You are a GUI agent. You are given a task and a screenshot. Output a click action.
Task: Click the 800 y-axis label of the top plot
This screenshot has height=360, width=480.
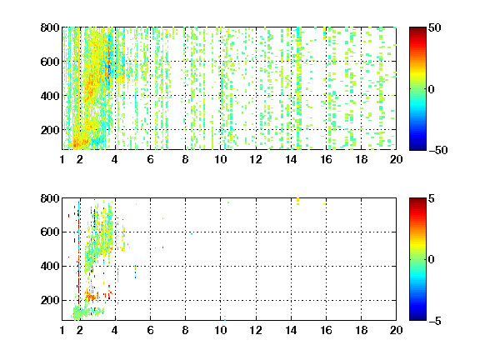pyautogui.click(x=50, y=27)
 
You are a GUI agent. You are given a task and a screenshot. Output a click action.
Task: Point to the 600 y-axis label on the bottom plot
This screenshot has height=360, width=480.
pyautogui.click(x=50, y=232)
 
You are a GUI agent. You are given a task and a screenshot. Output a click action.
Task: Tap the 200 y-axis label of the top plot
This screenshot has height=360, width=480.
pyautogui.click(x=50, y=130)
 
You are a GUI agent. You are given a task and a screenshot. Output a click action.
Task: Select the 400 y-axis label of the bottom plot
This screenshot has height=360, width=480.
pyautogui.click(x=50, y=266)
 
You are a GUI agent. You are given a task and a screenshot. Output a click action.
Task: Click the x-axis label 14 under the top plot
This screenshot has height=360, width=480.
pyautogui.click(x=291, y=159)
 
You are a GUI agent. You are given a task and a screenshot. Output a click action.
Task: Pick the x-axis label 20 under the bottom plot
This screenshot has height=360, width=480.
pyautogui.click(x=396, y=330)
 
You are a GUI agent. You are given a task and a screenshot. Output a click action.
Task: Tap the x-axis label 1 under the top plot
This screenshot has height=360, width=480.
pyautogui.click(x=62, y=159)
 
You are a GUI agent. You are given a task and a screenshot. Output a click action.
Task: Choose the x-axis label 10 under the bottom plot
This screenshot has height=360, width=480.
pyautogui.click(x=220, y=330)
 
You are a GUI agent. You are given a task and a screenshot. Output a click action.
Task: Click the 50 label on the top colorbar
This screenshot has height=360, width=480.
pyautogui.click(x=434, y=27)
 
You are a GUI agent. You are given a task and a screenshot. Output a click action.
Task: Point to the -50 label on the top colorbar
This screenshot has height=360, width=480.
pyautogui.click(x=438, y=150)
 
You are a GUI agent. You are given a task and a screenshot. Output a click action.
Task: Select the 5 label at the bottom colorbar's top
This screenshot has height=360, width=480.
pyautogui.click(x=432, y=198)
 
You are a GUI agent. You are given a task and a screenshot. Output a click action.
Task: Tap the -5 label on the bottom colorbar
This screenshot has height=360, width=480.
pyautogui.click(x=435, y=321)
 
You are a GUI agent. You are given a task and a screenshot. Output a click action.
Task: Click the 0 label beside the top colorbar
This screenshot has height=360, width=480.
pyautogui.click(x=432, y=89)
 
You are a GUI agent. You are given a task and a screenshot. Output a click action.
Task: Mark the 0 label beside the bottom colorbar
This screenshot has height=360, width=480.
pyautogui.click(x=432, y=260)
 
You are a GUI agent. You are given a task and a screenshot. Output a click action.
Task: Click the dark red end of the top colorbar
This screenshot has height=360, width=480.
pyautogui.click(x=417, y=29)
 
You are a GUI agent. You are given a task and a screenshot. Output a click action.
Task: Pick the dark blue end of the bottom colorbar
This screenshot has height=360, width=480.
pyautogui.click(x=417, y=318)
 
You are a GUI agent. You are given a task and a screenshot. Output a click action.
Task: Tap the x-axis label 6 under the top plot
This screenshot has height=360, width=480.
pyautogui.click(x=150, y=159)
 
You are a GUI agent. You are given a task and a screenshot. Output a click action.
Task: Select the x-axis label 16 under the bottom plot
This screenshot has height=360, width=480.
pyautogui.click(x=327, y=330)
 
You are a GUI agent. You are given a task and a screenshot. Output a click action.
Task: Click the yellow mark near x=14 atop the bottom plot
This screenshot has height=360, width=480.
pyautogui.click(x=297, y=200)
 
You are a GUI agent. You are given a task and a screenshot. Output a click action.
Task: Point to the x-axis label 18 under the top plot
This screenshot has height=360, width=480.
pyautogui.click(x=361, y=159)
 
